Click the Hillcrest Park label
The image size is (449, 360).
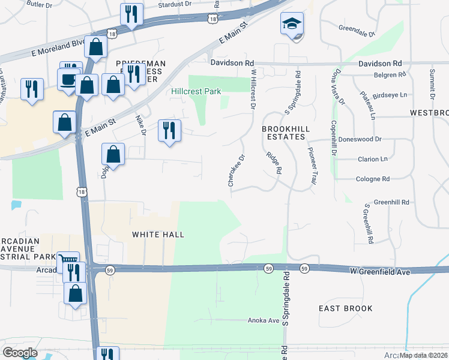(196, 91)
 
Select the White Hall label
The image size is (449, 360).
(158, 234)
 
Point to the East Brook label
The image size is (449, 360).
(346, 308)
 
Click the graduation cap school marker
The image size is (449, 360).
(292, 25)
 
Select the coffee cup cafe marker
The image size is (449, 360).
(68, 80)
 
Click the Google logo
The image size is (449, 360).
(20, 353)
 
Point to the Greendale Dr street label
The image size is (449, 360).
(357, 28)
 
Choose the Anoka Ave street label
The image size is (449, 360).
(264, 320)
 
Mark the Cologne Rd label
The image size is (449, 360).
(373, 179)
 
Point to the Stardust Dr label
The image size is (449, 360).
(175, 4)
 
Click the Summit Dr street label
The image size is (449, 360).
(431, 83)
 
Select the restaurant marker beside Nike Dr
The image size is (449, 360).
(169, 130)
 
